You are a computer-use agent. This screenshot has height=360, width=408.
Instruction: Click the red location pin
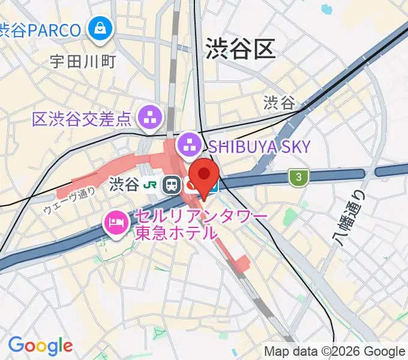[204, 175]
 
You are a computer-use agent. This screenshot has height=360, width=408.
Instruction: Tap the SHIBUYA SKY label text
[260, 146]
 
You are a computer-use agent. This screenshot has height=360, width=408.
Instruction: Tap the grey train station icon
[172, 185]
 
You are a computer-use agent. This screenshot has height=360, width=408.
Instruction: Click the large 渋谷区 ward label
[240, 49]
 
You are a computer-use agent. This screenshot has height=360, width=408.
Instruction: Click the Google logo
[40, 346]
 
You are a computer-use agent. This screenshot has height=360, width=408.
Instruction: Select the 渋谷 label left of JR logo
[124, 185]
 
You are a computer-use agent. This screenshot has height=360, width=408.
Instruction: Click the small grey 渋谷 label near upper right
[279, 103]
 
